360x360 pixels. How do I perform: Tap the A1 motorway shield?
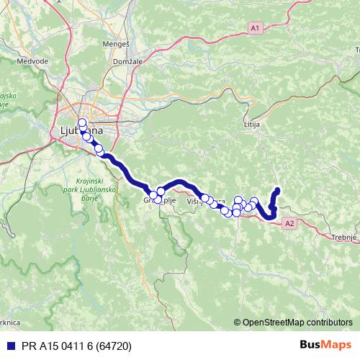[255, 27]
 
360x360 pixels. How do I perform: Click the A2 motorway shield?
[289, 224]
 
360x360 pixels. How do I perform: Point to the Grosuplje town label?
[159, 199]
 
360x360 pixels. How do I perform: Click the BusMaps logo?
[326, 345]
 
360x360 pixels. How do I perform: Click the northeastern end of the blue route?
[278, 190]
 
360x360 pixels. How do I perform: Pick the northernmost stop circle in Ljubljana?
[82, 122]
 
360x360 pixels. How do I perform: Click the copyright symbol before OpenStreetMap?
[237, 323]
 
